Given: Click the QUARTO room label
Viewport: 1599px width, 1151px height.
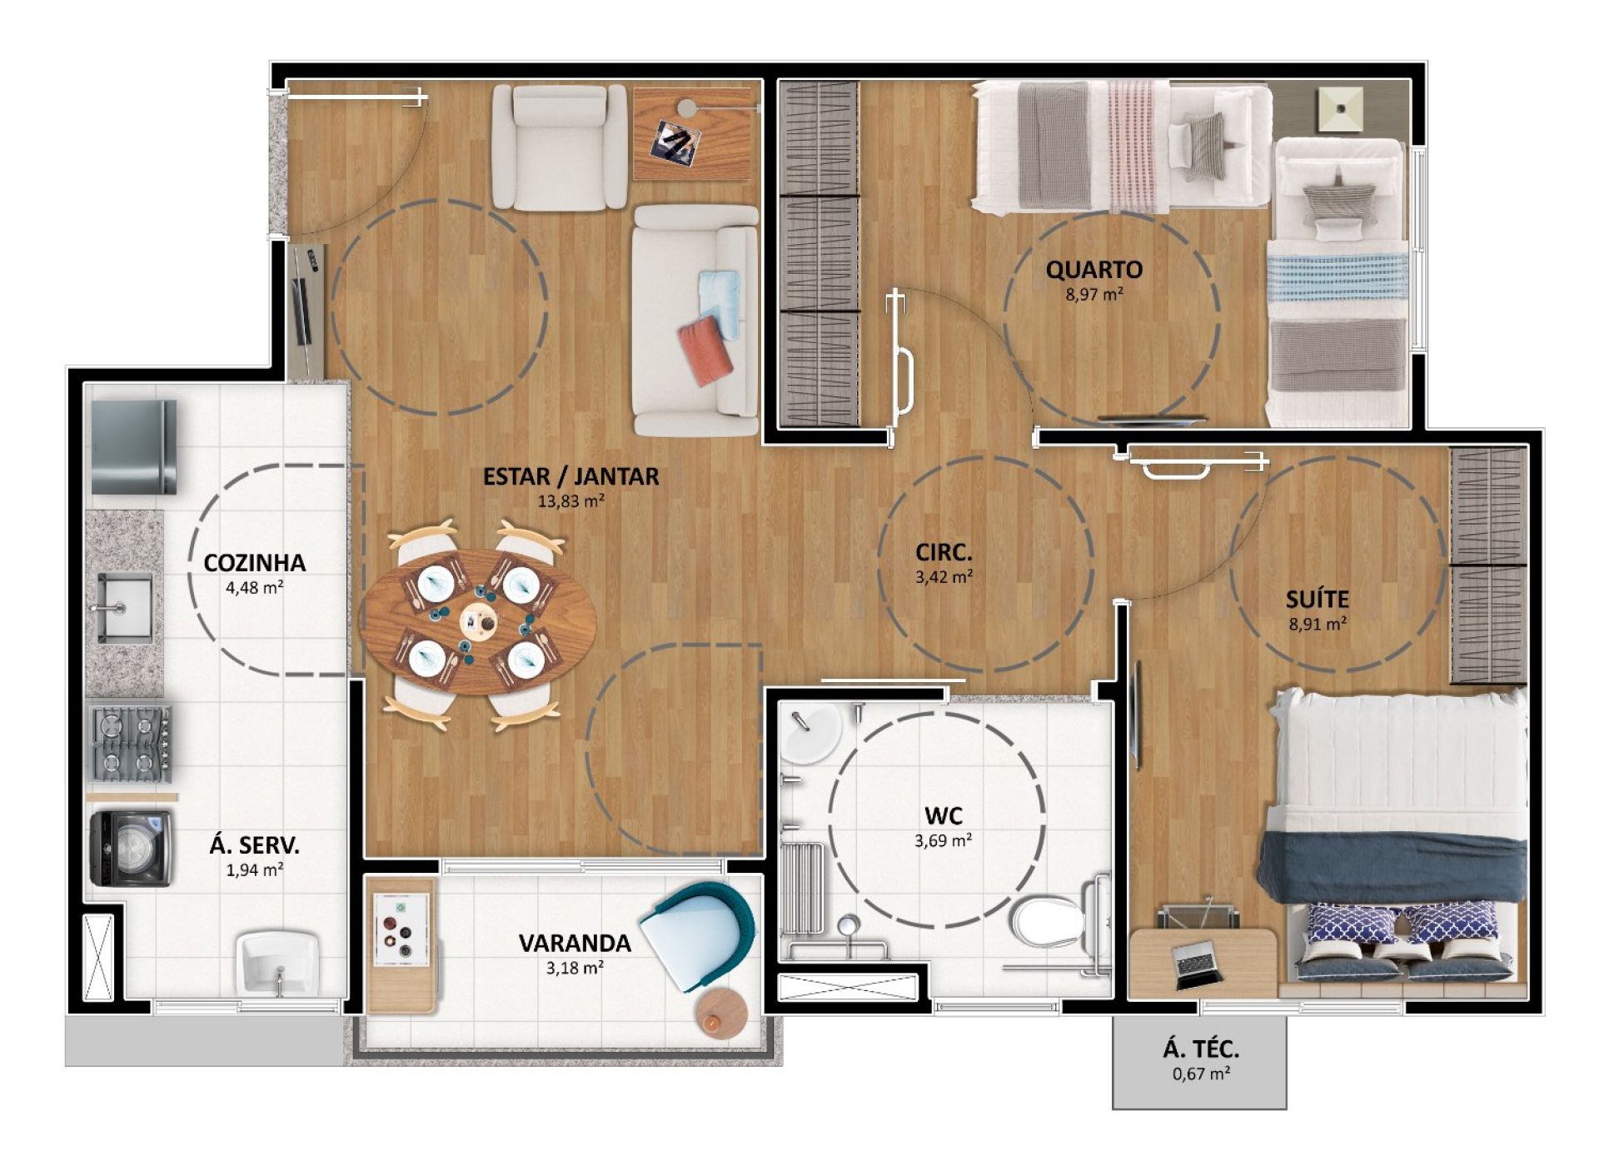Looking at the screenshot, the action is pos(1094,269).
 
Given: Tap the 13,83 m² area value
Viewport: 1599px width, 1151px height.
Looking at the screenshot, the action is pos(570,501).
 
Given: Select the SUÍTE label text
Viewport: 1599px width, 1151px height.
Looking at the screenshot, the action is pos(1318,599).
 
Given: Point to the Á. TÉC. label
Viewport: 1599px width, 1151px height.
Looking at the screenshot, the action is pos(1201,1049).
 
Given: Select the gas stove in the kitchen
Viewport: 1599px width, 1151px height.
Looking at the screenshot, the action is pos(131,744).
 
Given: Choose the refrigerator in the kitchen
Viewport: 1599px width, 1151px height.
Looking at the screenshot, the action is pos(133,446).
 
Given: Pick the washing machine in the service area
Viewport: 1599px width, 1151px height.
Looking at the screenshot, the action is pos(131,849).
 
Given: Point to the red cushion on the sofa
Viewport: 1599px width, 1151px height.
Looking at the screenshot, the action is pos(705,349).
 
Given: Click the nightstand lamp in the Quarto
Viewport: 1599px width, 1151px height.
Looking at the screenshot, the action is pos(1339,107).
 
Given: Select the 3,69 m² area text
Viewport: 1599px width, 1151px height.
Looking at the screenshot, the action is pos(943,840).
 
